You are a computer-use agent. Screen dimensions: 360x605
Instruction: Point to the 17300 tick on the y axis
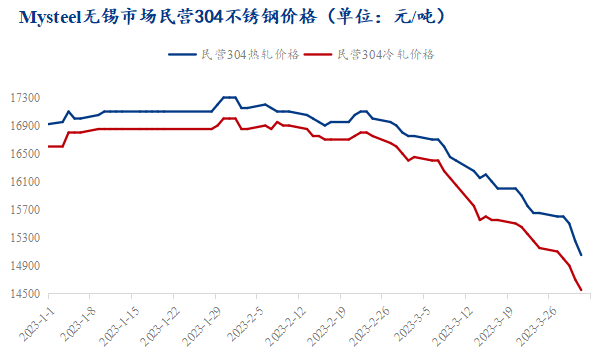(x=24, y=99)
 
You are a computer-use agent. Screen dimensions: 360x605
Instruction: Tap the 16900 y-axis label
(x=24, y=127)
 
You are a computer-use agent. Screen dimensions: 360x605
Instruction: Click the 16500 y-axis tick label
(x=24, y=155)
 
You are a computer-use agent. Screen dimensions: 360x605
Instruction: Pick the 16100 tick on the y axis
(x=24, y=183)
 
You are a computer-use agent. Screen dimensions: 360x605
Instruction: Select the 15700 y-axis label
(x=24, y=211)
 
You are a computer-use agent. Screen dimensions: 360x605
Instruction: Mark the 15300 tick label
(x=24, y=239)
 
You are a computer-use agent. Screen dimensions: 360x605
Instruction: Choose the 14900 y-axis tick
(x=24, y=267)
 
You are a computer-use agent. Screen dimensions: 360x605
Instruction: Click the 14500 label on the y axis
(x=24, y=294)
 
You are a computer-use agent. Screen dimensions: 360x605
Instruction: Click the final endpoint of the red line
(x=582, y=290)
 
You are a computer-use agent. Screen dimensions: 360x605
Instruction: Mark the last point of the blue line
(x=582, y=255)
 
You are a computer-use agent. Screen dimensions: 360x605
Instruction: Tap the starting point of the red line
(x=48, y=146)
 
